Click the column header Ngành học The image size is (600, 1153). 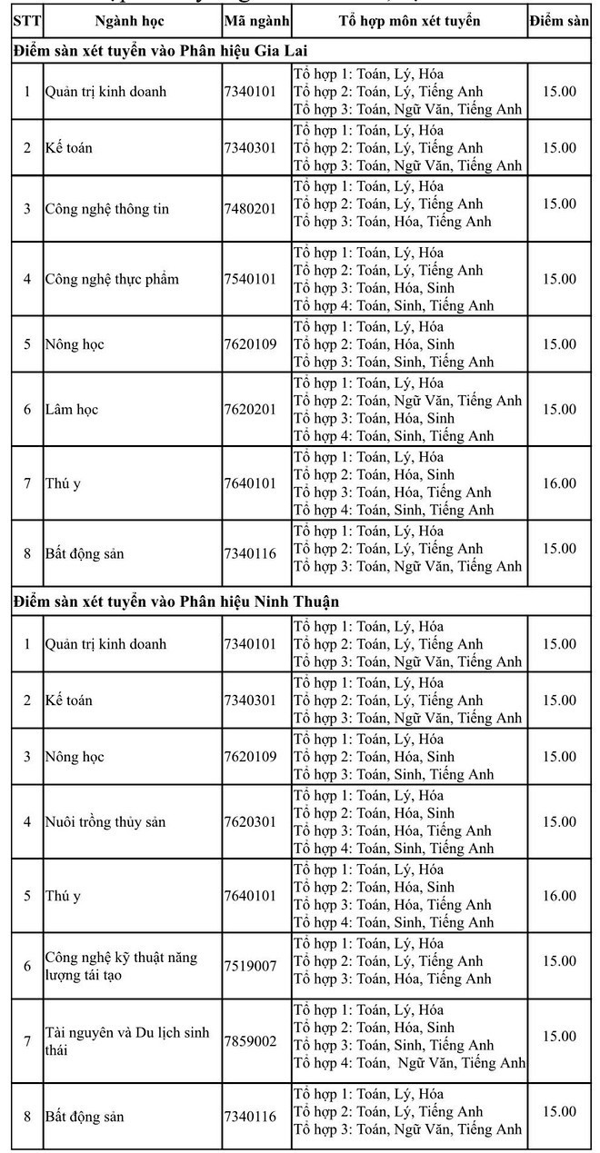click(130, 21)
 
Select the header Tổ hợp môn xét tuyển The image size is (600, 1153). click(409, 21)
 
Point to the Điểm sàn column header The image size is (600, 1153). click(559, 21)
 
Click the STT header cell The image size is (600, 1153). click(25, 21)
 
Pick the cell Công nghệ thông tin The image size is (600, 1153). click(107, 209)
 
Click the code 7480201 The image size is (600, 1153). click(250, 209)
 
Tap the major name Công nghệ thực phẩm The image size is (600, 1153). click(112, 279)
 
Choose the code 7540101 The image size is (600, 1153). click(250, 279)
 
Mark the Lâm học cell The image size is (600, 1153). click(72, 409)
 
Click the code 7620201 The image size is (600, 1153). click(250, 409)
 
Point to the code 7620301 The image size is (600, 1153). click(250, 822)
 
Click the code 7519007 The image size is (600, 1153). click(250, 966)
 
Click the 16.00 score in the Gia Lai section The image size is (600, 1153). click(559, 483)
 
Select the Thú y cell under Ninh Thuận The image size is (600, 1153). click(64, 896)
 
